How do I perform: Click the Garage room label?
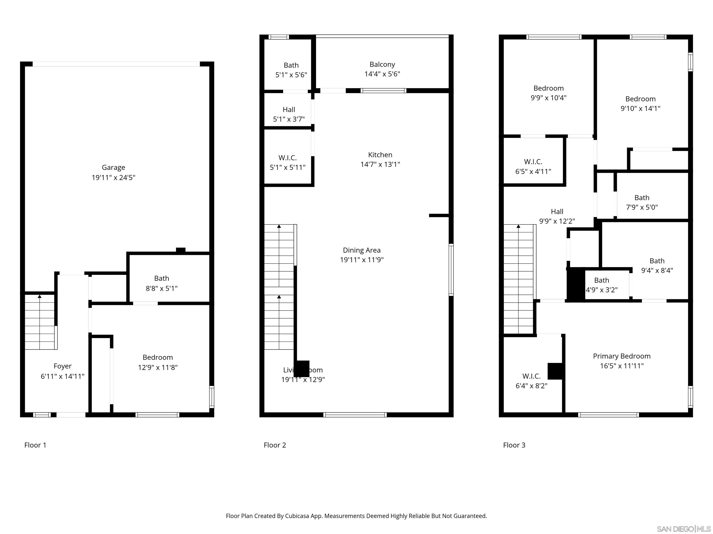click(x=113, y=167)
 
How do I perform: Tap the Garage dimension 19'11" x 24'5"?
click(x=113, y=177)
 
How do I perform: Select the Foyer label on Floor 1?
click(x=62, y=366)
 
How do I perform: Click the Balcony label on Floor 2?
click(x=382, y=64)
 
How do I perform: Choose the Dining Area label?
click(x=361, y=250)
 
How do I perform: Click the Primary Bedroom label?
click(x=622, y=356)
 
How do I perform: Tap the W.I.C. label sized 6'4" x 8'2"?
click(x=531, y=376)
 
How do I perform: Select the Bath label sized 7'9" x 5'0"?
click(x=642, y=198)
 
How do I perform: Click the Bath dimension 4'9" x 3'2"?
click(x=601, y=290)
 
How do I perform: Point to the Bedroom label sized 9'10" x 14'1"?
click(x=640, y=99)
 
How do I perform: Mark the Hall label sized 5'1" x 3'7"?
click(x=289, y=109)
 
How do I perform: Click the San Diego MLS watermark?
click(x=683, y=529)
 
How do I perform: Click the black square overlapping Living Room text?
click(x=302, y=369)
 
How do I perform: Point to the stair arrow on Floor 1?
click(x=40, y=296)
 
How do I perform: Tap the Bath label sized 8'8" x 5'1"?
click(x=162, y=278)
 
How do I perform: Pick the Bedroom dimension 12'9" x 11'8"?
click(x=158, y=367)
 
